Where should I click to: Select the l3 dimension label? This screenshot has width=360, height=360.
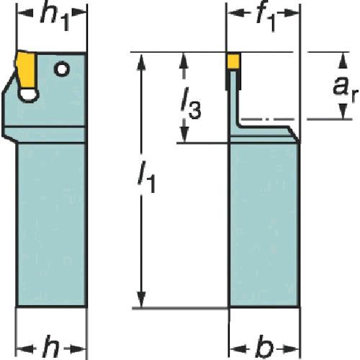tap(191, 103)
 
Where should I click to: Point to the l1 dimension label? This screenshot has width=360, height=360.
tap(146, 177)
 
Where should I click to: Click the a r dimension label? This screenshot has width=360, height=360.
tap(345, 89)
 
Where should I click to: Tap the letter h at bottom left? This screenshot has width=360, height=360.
tap(50, 347)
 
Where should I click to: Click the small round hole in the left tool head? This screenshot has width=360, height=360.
tap(62, 69)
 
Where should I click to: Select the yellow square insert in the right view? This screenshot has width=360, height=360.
tap(233, 61)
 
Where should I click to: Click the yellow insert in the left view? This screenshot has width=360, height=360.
tap(27, 71)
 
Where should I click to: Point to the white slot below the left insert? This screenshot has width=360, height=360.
tap(28, 95)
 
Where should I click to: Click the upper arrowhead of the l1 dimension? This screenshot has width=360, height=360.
tap(142, 63)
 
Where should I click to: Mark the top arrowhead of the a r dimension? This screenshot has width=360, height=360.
tap(343, 60)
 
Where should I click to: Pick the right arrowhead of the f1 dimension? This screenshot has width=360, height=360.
tap(292, 13)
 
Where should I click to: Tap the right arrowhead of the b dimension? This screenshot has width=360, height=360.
tap(291, 348)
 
